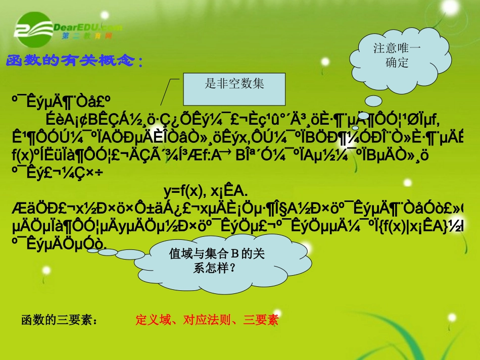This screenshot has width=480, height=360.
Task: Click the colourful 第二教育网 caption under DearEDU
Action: point(86,36)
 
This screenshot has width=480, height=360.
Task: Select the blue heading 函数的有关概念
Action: point(75,61)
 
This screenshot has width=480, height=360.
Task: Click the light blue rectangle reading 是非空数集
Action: point(234,89)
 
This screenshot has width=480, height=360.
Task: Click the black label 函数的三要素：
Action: point(59,320)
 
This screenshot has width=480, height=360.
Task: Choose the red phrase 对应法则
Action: point(205,320)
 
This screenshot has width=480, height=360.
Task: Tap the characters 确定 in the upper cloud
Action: point(396,63)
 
